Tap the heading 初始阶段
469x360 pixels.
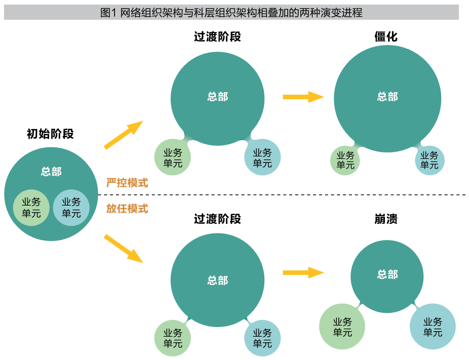pyautogui.click(x=50, y=134)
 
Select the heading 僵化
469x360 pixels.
pyautogui.click(x=386, y=36)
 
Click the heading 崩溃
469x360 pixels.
pyautogui.click(x=386, y=219)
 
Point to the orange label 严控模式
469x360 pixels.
pyautogui.click(x=127, y=183)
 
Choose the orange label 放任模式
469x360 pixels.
pyautogui.click(x=127, y=208)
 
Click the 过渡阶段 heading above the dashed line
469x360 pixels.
pyautogui.click(x=217, y=36)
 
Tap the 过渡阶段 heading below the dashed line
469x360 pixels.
pyautogui.click(x=217, y=219)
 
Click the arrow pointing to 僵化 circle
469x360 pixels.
pyautogui.click(x=303, y=96)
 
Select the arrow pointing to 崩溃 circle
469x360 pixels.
pyautogui.click(x=303, y=273)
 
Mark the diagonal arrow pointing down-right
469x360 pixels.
pyautogui.click(x=124, y=248)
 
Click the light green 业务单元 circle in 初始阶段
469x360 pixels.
pyautogui.click(x=31, y=208)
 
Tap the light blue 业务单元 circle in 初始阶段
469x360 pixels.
pyautogui.click(x=71, y=208)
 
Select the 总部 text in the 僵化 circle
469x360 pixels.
pyautogui.click(x=387, y=97)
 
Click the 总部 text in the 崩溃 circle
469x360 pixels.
pyautogui.click(x=387, y=274)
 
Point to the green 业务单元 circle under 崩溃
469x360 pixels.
pyautogui.click(x=342, y=327)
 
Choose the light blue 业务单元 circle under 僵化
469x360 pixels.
pyautogui.click(x=429, y=160)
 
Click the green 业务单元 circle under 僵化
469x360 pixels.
pyautogui.click(x=345, y=160)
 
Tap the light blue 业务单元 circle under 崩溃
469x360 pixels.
pyautogui.click(x=433, y=327)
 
